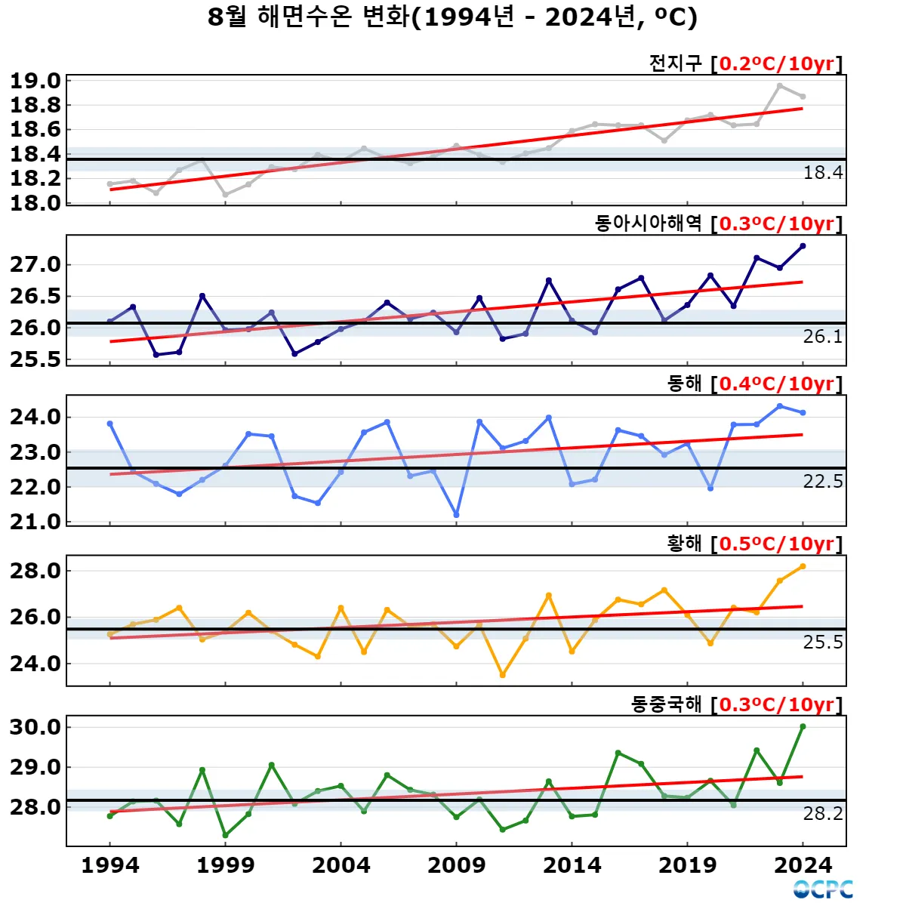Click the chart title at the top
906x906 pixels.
(x=452, y=17)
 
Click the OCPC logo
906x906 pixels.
(x=823, y=889)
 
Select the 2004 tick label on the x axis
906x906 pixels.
(x=341, y=865)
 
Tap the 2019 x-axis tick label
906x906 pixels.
(x=687, y=865)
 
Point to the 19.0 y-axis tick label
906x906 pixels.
(x=35, y=81)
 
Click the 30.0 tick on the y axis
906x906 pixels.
(x=35, y=727)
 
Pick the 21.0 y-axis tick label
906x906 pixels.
(x=35, y=522)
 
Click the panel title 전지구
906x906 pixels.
(x=676, y=63)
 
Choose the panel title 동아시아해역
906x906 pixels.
(x=649, y=223)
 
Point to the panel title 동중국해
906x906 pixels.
(x=667, y=704)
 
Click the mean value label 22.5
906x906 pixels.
(x=822, y=482)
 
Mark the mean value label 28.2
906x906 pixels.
(x=822, y=813)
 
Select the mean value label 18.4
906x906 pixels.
(x=822, y=173)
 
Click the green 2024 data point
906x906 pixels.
(x=803, y=726)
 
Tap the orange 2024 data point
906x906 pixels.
(x=803, y=565)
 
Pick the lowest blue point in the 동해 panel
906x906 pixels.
(x=456, y=515)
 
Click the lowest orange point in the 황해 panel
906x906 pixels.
(x=502, y=675)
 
